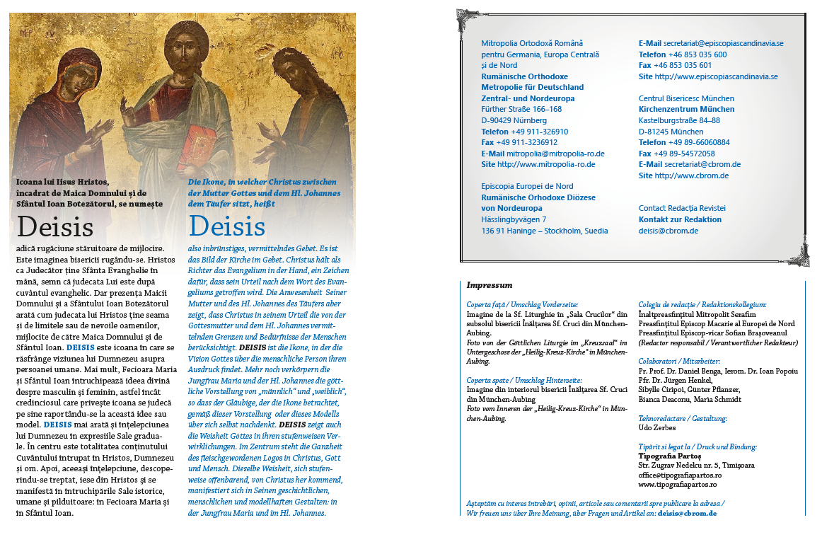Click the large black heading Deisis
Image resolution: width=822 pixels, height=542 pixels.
tap(55, 226)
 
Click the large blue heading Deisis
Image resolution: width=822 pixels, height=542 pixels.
tap(227, 226)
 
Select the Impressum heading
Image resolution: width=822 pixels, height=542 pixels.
tap(489, 285)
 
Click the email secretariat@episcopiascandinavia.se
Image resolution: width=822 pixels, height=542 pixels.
tap(724, 43)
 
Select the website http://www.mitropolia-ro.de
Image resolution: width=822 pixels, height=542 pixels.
tap(546, 164)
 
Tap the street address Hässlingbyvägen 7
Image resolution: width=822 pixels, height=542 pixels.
tap(514, 219)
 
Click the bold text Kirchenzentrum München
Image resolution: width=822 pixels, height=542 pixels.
tap(686, 110)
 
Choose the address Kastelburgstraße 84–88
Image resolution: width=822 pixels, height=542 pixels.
tap(679, 120)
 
